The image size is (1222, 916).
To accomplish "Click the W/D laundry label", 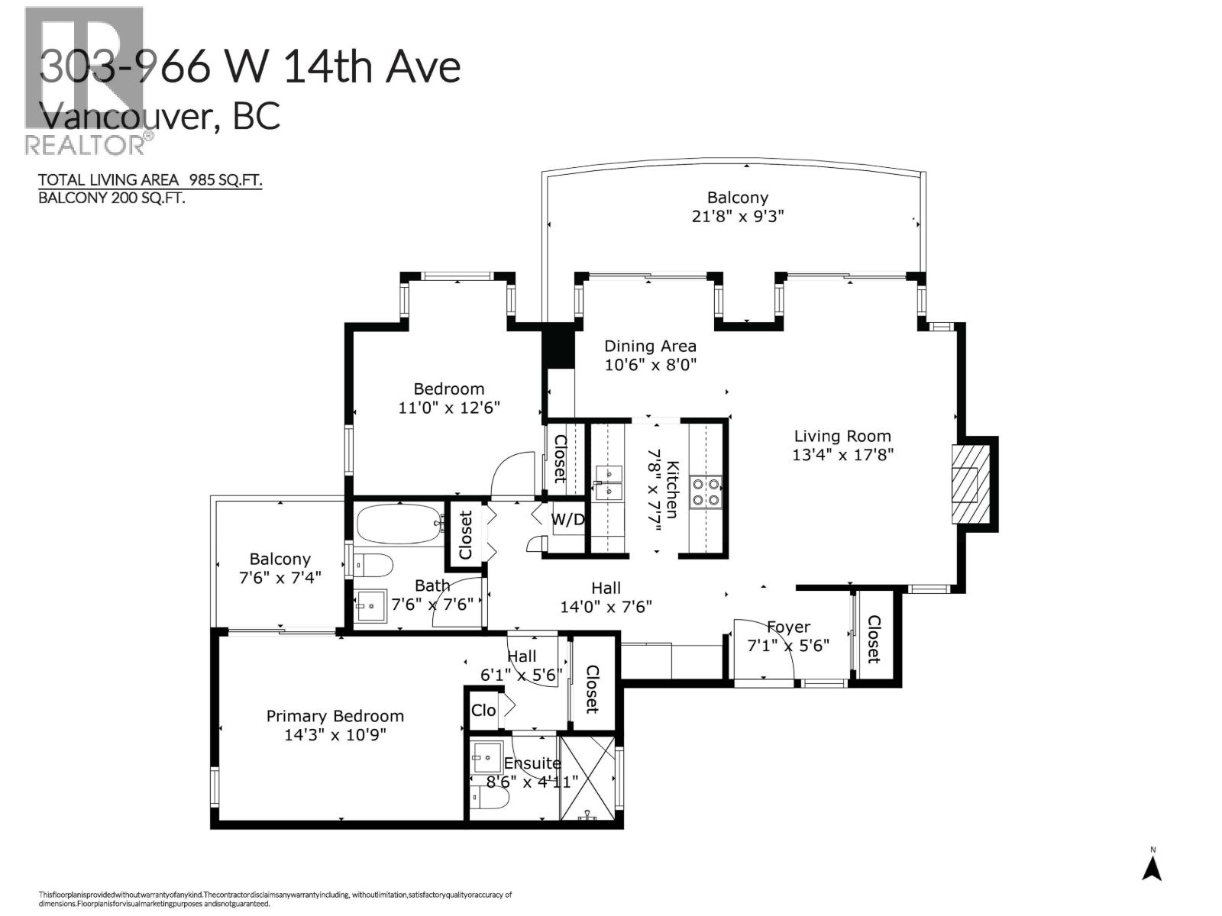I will point(568,521).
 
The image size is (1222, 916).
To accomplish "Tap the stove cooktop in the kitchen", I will point(706,491).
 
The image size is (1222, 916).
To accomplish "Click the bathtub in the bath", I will point(399,524).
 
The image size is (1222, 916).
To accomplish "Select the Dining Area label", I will point(650,346).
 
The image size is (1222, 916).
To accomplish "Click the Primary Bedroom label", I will point(335,716).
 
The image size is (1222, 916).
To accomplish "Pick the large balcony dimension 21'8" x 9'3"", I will point(737,216).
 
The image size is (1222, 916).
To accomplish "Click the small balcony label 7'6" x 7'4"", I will point(280,578).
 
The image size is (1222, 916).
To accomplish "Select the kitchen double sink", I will point(609,482).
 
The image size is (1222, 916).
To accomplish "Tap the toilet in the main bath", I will point(374,566).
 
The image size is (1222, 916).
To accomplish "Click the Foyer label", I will point(788,627).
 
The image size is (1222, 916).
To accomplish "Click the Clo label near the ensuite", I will point(483,711).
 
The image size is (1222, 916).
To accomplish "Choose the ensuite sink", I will point(485,757).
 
